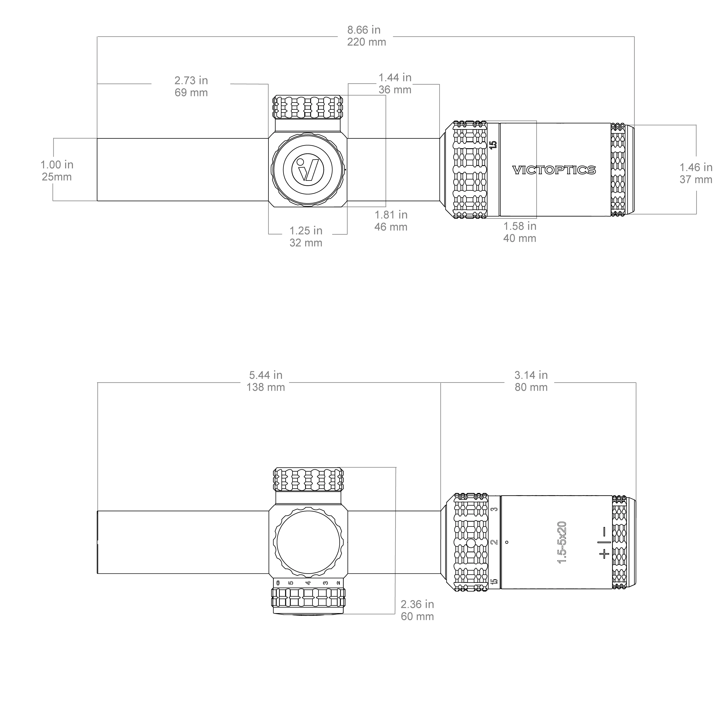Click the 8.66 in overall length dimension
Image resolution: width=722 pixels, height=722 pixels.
pos(366,36)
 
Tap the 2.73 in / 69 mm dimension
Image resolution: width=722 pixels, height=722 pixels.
pos(191,86)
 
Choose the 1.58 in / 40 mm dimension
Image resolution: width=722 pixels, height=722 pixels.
pos(520,232)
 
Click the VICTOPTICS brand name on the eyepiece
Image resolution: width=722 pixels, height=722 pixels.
pos(554,170)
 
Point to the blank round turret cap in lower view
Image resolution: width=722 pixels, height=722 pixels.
pos(308,542)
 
